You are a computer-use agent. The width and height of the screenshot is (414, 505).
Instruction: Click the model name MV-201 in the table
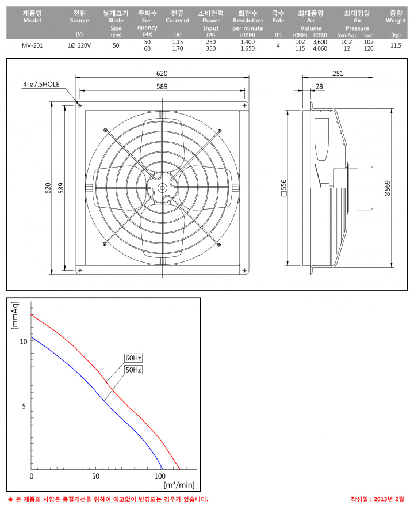point(32,45)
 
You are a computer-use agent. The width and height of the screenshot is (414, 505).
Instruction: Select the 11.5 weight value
point(396,45)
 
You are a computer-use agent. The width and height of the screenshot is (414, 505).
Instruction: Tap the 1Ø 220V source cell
point(79,45)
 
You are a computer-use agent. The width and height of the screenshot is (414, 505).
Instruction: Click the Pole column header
point(278,17)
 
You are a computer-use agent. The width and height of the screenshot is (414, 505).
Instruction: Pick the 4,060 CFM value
point(320,48)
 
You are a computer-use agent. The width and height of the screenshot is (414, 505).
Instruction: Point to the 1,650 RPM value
point(248,48)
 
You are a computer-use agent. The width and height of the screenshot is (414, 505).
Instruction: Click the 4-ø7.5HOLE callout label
point(41,85)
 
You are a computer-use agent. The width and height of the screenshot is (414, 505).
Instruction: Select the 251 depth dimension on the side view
point(338,74)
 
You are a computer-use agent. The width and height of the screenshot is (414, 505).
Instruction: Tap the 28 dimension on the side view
point(319,86)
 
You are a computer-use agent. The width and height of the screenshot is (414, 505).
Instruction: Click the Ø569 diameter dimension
point(388,188)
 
